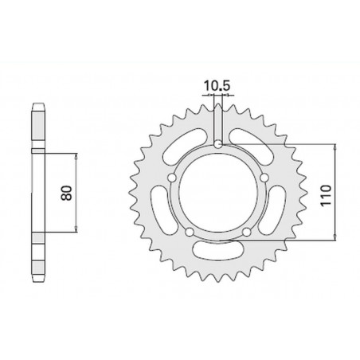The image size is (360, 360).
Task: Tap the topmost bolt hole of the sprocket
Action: coord(218,143)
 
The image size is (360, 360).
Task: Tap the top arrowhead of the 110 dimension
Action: coord(335,147)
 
